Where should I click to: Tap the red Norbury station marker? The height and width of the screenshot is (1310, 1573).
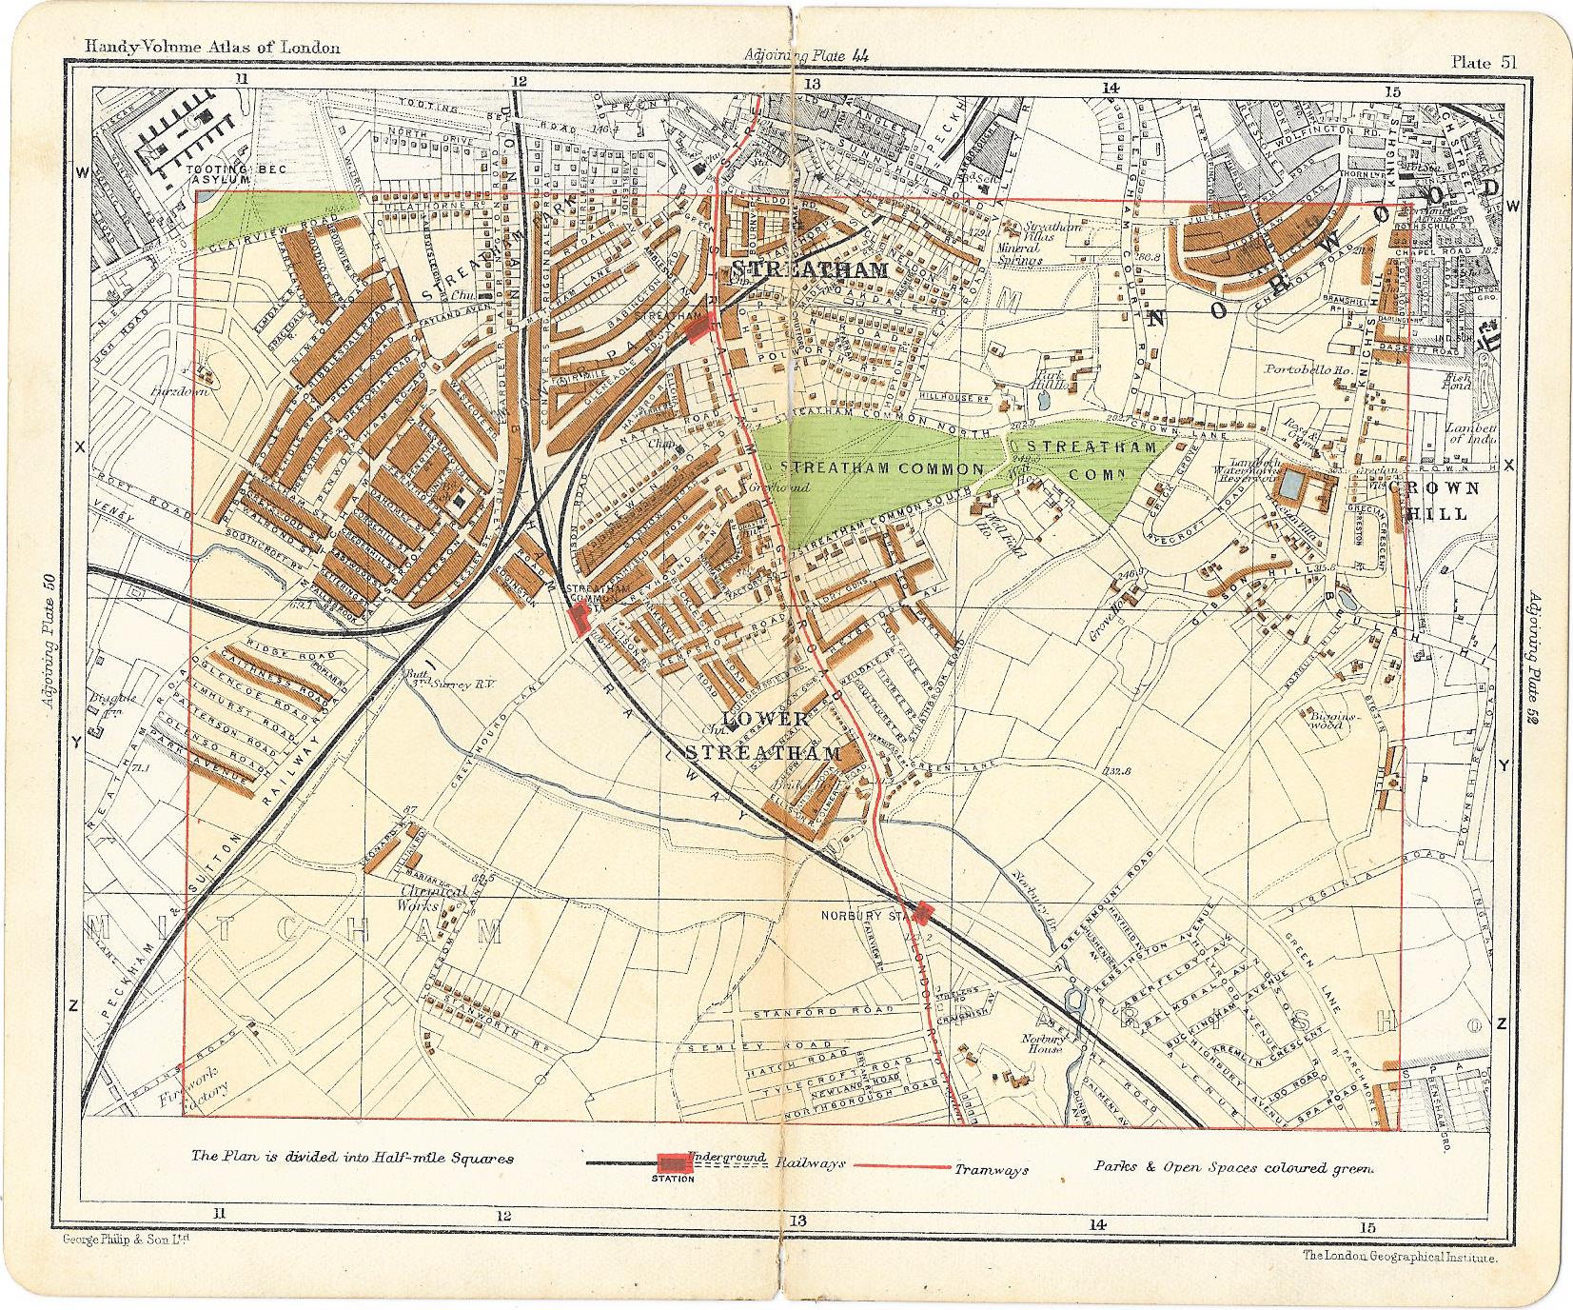(x=921, y=912)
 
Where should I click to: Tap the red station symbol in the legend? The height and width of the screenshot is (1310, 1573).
(x=672, y=1163)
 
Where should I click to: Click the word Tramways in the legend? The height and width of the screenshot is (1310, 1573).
(x=993, y=1170)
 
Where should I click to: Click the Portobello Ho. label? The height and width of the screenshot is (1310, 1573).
(x=1301, y=368)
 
